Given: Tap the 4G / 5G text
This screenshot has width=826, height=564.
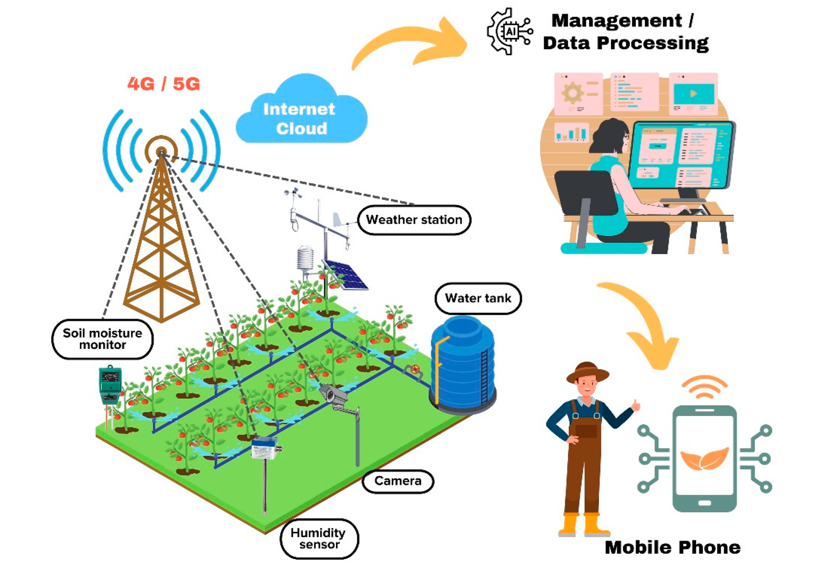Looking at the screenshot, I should [164, 84].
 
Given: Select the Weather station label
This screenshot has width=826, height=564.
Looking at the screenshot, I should [414, 220].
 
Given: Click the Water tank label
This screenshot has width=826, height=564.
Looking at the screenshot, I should [478, 298].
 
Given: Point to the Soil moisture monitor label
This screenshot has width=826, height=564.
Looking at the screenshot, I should [102, 339].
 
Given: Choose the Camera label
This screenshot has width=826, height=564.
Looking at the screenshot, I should [398, 481].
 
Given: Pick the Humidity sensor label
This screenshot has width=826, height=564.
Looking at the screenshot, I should [318, 538].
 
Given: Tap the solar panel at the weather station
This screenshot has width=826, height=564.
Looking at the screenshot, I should [346, 275].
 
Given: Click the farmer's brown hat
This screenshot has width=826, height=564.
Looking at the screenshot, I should [587, 372].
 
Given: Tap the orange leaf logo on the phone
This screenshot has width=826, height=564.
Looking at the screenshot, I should [704, 458].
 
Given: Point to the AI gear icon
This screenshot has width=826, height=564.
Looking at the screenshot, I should [510, 31].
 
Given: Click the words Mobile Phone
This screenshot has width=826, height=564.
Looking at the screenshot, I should [672, 547].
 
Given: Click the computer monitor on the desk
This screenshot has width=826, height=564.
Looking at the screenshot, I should [681, 155].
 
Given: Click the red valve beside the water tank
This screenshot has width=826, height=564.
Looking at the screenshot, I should [415, 370].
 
